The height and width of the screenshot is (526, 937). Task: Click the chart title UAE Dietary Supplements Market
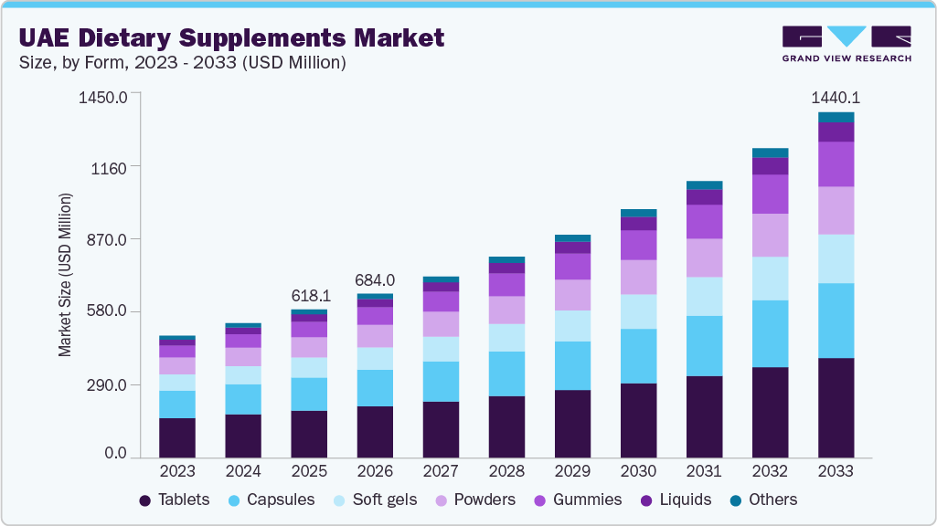[x=232, y=37]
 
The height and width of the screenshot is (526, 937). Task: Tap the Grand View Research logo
[x=846, y=44]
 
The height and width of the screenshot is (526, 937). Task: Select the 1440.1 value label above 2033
[x=836, y=98]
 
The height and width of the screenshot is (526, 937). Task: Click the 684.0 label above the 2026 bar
[x=375, y=279]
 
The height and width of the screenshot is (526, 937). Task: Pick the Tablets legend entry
[x=175, y=500]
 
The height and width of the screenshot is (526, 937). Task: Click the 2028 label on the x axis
[x=506, y=471]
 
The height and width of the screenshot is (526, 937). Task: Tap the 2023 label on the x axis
[x=177, y=471]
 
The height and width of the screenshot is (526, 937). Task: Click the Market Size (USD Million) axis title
[x=65, y=274]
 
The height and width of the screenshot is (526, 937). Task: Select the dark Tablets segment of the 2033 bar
[x=836, y=407]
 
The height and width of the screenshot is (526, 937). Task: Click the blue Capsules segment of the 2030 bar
[x=638, y=356]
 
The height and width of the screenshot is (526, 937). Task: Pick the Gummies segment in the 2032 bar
[x=770, y=194]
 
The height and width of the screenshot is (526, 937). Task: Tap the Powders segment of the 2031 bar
[x=704, y=258]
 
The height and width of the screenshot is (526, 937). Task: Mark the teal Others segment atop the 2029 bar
[x=572, y=238]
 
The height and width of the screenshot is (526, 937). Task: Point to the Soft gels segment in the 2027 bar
[x=441, y=349]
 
